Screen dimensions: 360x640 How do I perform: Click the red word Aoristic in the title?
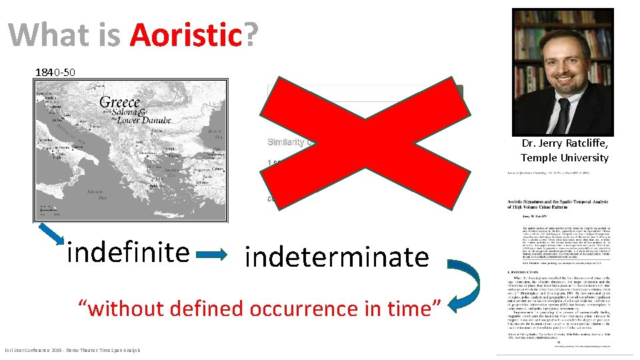185,35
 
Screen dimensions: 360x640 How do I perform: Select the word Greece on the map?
120,102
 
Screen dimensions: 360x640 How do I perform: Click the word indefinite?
128,252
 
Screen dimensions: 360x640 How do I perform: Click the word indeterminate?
337,256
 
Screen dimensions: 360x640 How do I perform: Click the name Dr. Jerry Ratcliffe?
565,143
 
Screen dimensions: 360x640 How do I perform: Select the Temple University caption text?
565,157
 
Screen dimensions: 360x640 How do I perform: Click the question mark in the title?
251,35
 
